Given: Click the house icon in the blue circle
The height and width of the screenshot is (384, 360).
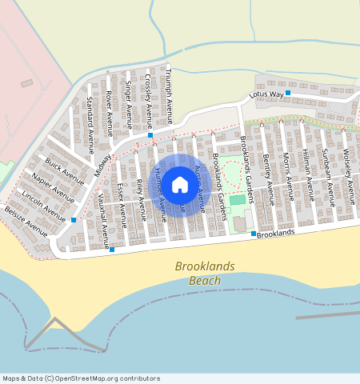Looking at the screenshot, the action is (x=180, y=186).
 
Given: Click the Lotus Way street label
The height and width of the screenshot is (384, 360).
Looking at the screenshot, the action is (x=266, y=94).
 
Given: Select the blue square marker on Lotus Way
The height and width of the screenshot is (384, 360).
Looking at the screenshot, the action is (x=288, y=94).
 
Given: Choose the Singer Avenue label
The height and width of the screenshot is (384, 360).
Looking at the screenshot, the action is (x=129, y=105).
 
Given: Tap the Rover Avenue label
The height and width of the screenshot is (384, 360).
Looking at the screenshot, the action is (x=110, y=110).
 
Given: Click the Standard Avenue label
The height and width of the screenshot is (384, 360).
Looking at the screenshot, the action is (x=90, y=125).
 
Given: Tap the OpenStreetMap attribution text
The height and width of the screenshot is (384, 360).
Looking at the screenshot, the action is (x=81, y=378).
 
